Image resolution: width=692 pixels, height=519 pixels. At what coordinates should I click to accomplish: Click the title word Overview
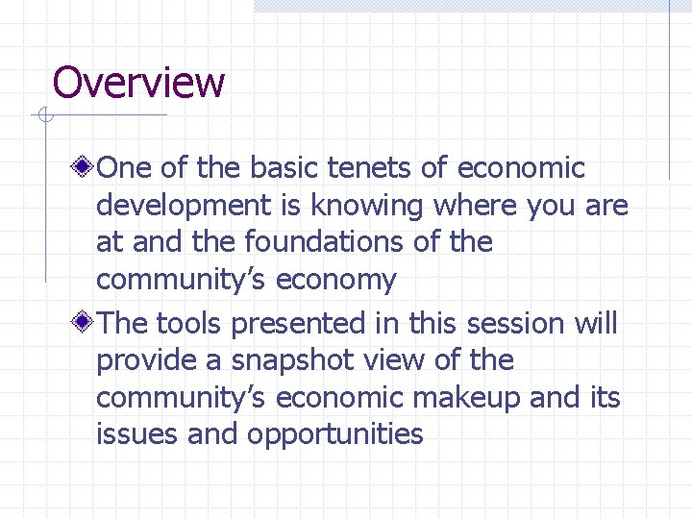click(138, 83)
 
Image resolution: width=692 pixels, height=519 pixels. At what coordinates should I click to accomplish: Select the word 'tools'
click(190, 323)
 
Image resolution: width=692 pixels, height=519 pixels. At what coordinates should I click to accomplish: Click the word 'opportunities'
click(335, 434)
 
